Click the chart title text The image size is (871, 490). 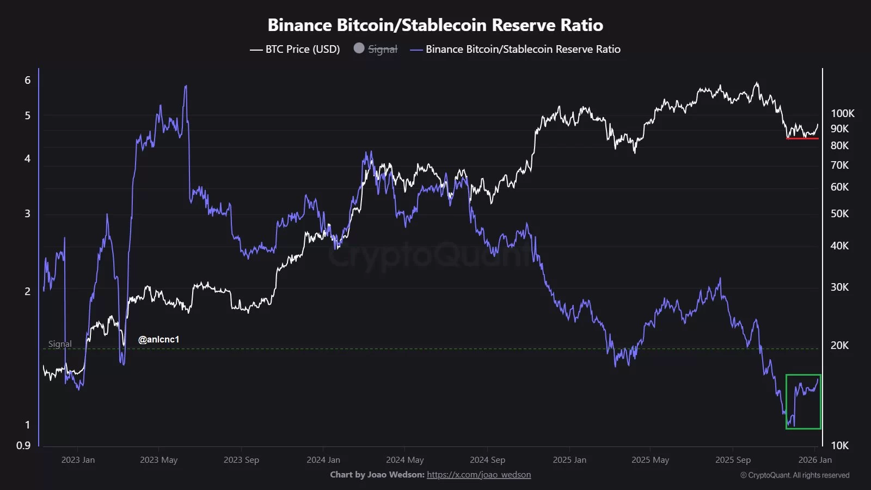(435, 25)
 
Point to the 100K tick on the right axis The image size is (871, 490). (842, 113)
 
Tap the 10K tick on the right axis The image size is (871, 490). (839, 445)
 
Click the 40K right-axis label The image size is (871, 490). (839, 246)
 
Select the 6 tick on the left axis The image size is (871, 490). (28, 80)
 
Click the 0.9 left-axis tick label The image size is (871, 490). (23, 445)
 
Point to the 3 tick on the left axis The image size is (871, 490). (28, 213)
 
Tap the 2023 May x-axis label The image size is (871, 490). (158, 460)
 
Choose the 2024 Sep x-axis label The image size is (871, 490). (487, 460)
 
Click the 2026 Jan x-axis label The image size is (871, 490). (815, 460)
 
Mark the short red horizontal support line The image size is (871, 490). (802, 138)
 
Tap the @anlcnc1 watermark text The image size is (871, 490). (158, 339)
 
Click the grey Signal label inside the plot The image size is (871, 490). (60, 344)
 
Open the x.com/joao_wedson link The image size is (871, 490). (479, 475)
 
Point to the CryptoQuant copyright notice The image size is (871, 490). (795, 475)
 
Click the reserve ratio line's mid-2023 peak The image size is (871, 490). (186, 86)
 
